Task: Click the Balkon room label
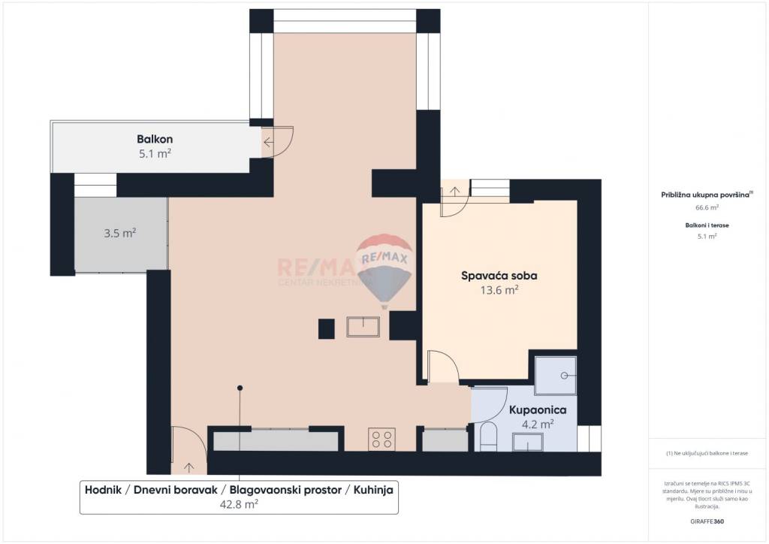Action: pos(155,139)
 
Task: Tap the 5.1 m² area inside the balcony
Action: pos(155,153)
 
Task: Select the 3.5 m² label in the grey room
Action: pos(119,233)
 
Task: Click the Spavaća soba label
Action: pos(499,276)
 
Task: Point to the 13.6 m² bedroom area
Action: pos(500,290)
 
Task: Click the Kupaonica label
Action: pos(537,410)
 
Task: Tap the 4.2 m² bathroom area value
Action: pos(538,424)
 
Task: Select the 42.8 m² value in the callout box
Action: pos(239,504)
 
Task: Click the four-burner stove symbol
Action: pos(381,439)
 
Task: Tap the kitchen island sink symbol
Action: pos(363,327)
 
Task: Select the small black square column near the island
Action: pos(326,328)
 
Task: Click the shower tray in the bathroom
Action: pos(555,375)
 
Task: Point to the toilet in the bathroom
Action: pos(488,437)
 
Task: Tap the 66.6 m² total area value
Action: pos(707,207)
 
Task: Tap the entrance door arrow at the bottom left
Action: pos(187,467)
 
